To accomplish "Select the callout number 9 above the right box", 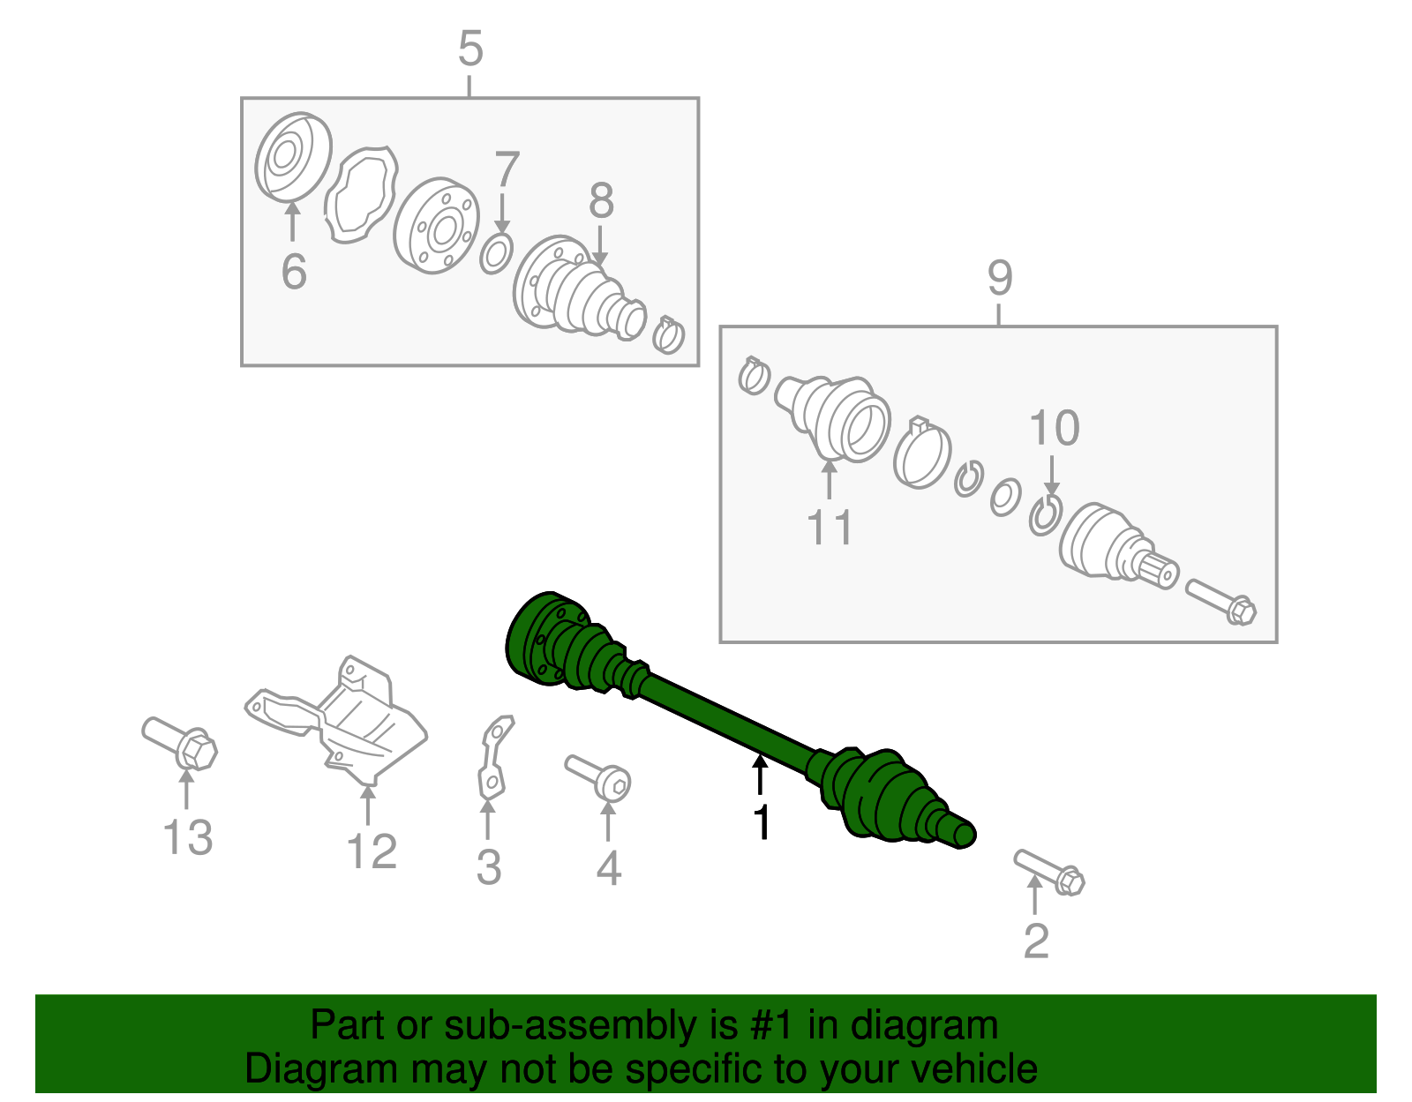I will click(999, 278).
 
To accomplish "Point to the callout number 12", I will click(371, 851).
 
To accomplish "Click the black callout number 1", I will click(762, 822).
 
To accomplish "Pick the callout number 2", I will click(1036, 941).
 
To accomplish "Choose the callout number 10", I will click(1054, 428).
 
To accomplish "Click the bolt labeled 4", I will click(599, 776).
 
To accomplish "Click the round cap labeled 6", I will click(293, 157).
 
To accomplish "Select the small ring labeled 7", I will click(497, 253).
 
